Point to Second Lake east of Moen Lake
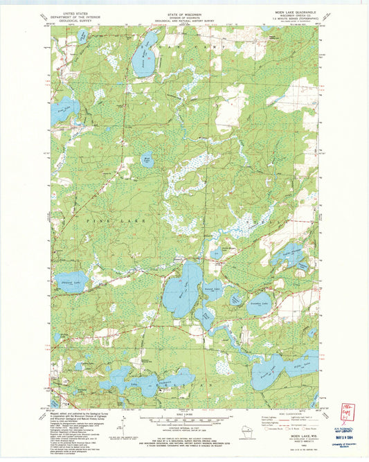click(212, 291)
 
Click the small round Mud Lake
click(147, 159)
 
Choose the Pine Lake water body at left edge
click(64, 109)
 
